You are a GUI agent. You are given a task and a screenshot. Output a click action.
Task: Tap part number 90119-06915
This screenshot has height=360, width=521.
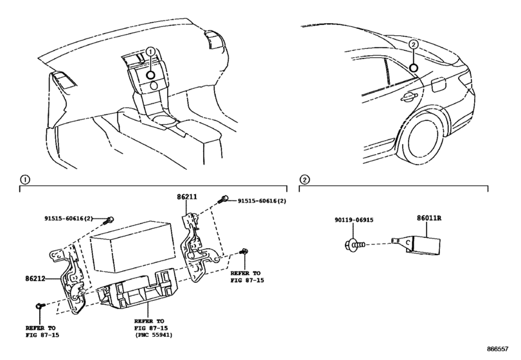pos(353,221)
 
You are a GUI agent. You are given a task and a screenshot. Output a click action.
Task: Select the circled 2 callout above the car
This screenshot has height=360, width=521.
pos(414,44)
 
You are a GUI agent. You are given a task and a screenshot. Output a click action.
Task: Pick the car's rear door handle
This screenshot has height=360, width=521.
pos(407,97)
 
